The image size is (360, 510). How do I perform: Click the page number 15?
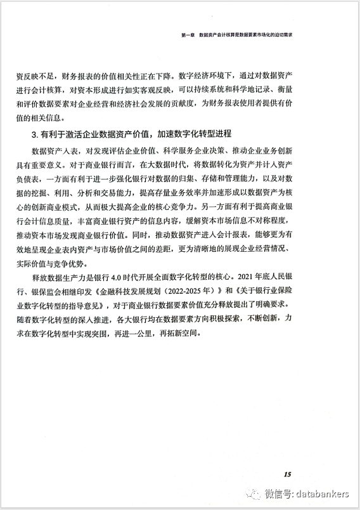(287, 474)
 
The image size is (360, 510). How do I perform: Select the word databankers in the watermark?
(323, 494)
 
